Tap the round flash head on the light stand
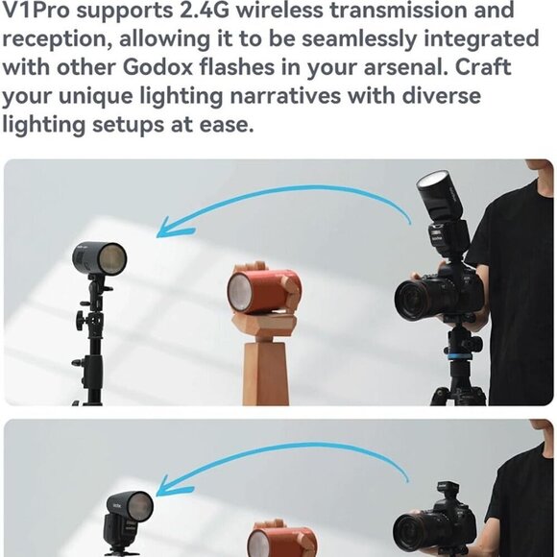pos(100,257)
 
